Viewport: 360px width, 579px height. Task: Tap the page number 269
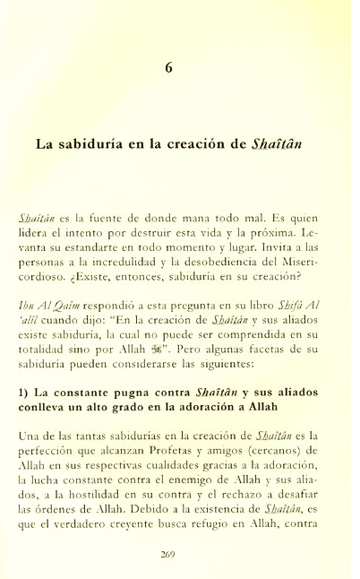(180, 554)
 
